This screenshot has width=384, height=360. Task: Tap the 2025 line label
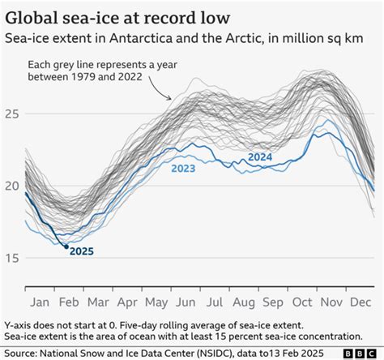click(x=81, y=251)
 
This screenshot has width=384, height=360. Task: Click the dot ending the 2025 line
click(x=66, y=246)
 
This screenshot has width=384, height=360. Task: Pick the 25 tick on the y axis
click(x=11, y=113)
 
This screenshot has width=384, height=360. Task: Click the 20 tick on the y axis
click(x=11, y=185)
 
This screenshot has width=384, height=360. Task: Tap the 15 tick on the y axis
click(x=11, y=258)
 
